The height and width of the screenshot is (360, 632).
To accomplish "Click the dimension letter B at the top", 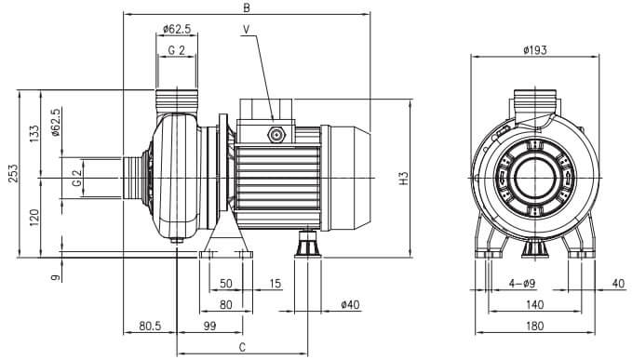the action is [x=247, y=7].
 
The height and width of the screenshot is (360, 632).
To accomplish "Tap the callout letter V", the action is [x=247, y=29].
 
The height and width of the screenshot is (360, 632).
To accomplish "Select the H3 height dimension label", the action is [x=403, y=179].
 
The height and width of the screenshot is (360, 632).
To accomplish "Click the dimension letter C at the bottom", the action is [x=242, y=347].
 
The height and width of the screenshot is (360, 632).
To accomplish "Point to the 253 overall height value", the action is [x=13, y=173].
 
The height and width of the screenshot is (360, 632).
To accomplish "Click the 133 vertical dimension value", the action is [x=34, y=133].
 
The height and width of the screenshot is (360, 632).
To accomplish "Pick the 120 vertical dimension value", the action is [x=34, y=218].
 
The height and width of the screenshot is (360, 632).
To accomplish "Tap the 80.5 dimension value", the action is [x=150, y=326].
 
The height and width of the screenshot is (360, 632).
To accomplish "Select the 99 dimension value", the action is [x=209, y=326].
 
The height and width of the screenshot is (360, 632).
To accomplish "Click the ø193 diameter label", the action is [x=535, y=50].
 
